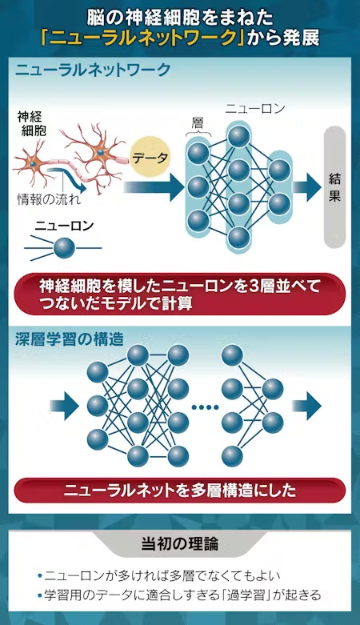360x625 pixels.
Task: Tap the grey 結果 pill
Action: tap(334, 186)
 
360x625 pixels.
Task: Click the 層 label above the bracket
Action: tap(198, 123)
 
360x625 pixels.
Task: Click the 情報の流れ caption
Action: tap(49, 199)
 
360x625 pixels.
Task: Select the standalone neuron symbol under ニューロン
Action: tap(63, 248)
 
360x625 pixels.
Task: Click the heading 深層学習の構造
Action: tap(70, 339)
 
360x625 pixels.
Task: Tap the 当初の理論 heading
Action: tap(180, 543)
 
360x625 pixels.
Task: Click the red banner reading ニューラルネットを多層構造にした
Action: tap(180, 491)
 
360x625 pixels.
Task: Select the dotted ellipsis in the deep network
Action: tap(206, 407)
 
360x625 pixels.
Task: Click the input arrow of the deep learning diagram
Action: tap(64, 407)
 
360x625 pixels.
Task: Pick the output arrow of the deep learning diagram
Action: tap(306, 407)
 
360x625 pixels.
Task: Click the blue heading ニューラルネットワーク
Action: tap(94, 70)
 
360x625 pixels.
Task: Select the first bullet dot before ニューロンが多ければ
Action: tap(39, 576)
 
